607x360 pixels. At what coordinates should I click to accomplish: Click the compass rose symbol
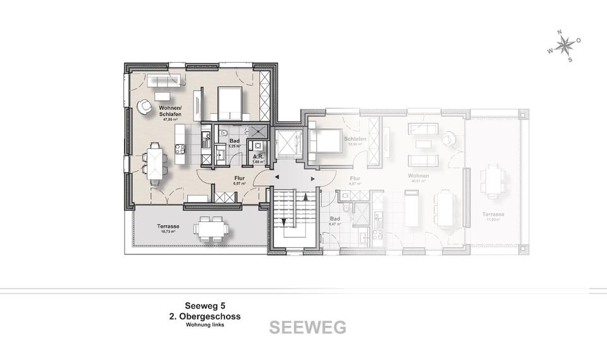[x=564, y=46]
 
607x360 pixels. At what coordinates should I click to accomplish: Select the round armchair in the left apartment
[x=145, y=106]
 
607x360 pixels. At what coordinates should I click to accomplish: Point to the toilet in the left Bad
[x=226, y=132]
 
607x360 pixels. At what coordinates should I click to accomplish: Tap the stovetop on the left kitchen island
[x=180, y=149]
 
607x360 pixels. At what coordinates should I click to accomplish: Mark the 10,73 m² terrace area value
[x=168, y=232]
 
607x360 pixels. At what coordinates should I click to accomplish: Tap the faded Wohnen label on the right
[x=419, y=176]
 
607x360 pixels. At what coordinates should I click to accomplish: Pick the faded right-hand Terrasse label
[x=495, y=214]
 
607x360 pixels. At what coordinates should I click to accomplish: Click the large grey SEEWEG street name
[x=307, y=328]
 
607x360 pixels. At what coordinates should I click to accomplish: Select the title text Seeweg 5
[x=204, y=304]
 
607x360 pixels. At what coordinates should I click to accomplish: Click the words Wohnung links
[x=204, y=325]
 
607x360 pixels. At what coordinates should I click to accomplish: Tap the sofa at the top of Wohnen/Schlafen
[x=164, y=80]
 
